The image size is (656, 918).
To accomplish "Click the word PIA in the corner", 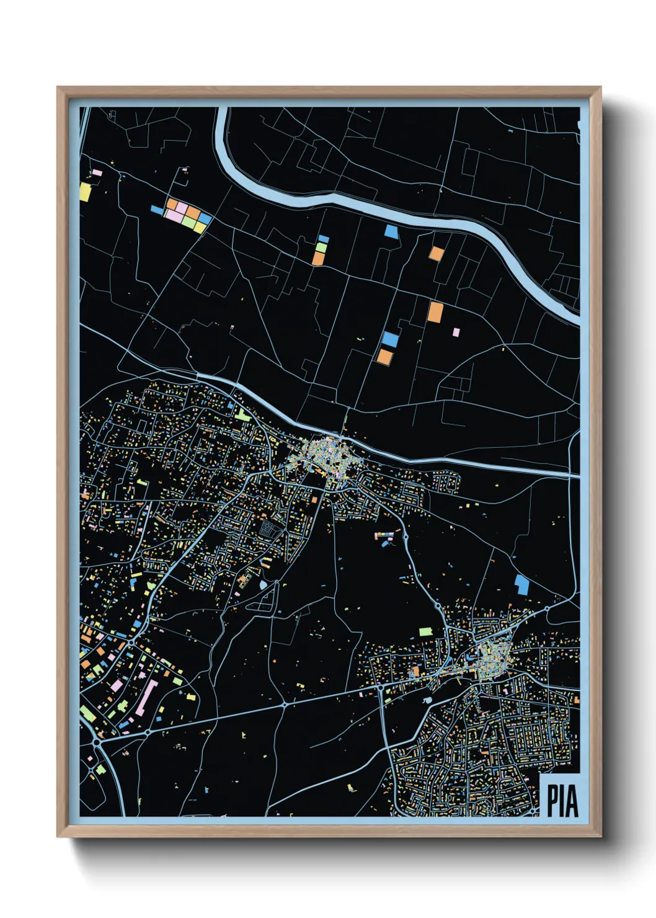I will tap(562, 800).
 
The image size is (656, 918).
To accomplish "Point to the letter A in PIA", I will tap(572, 800).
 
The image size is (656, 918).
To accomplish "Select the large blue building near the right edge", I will tap(522, 585).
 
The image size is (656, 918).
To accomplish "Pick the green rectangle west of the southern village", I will tap(426, 631).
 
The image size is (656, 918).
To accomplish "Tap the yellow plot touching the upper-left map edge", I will tap(85, 192).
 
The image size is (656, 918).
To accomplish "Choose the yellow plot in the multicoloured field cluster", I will tap(200, 227).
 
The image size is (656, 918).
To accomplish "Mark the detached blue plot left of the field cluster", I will tap(157, 211).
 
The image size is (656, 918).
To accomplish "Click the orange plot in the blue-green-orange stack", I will tap(318, 258).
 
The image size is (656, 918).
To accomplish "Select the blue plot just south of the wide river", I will tap(391, 231).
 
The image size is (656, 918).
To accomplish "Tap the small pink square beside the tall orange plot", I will tap(456, 332).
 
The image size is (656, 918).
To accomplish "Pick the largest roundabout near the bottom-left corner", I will tap(97, 742).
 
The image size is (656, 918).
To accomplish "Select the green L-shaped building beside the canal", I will tap(242, 414).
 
